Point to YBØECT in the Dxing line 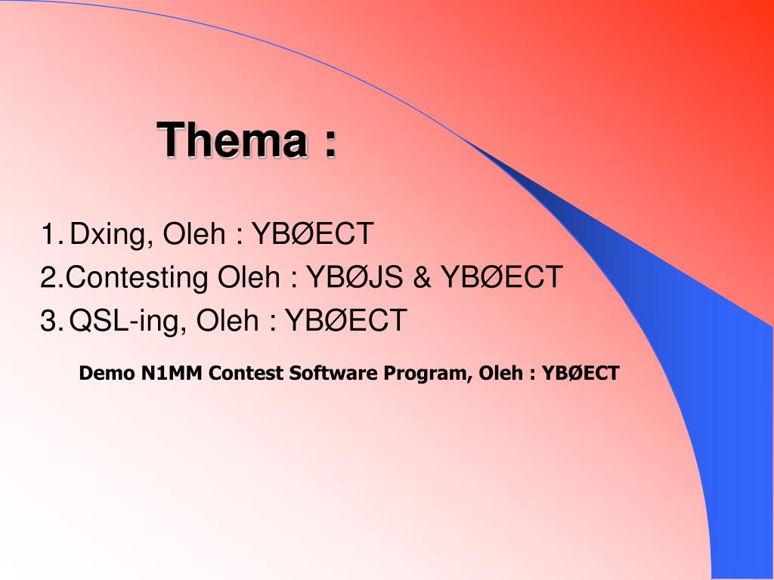[x=312, y=234]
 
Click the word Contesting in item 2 [x=136, y=278]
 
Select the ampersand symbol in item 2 [x=422, y=277]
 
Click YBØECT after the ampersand [x=502, y=277]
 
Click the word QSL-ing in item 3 [x=128, y=322]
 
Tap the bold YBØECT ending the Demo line [x=580, y=373]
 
